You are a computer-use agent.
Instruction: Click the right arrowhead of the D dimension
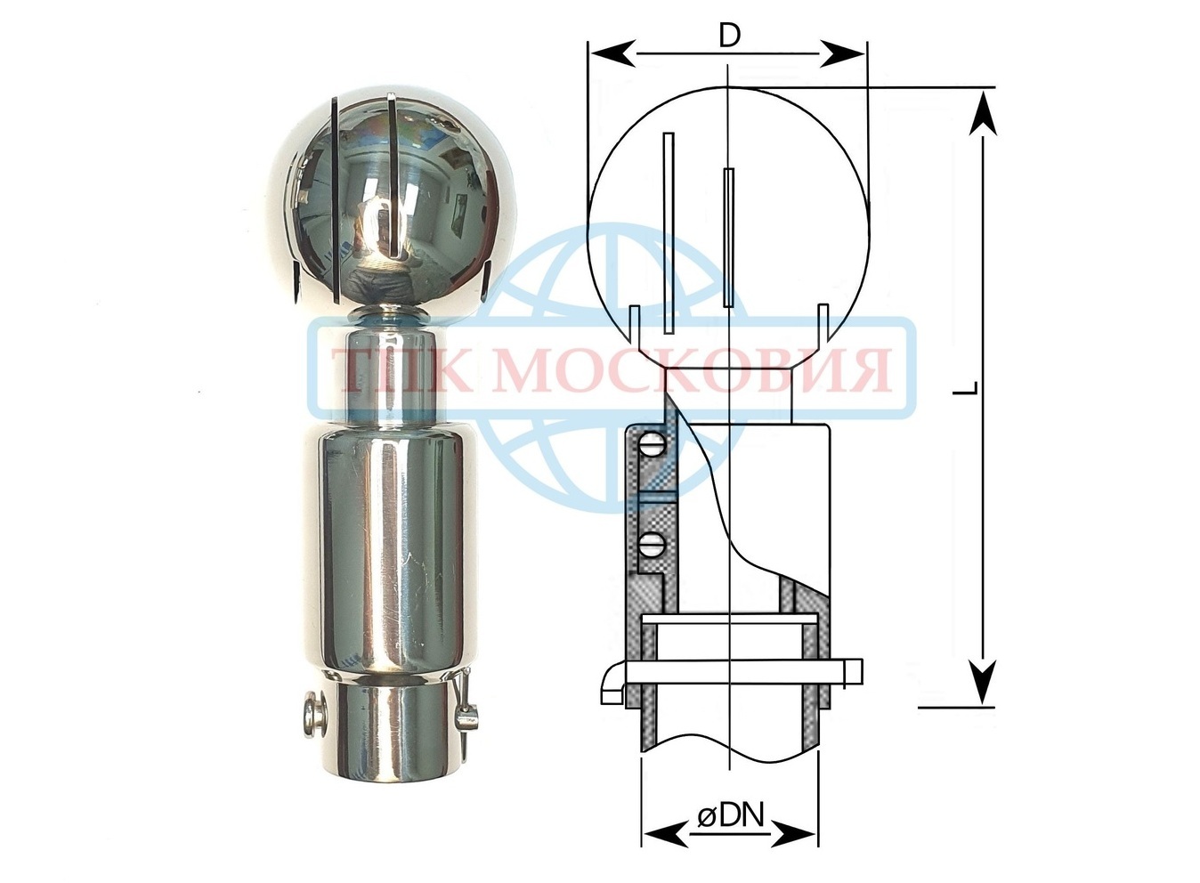click(843, 53)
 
